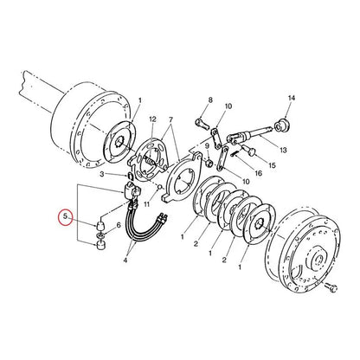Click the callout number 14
tap(292, 99)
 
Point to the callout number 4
tap(128, 257)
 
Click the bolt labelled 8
tap(201, 122)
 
